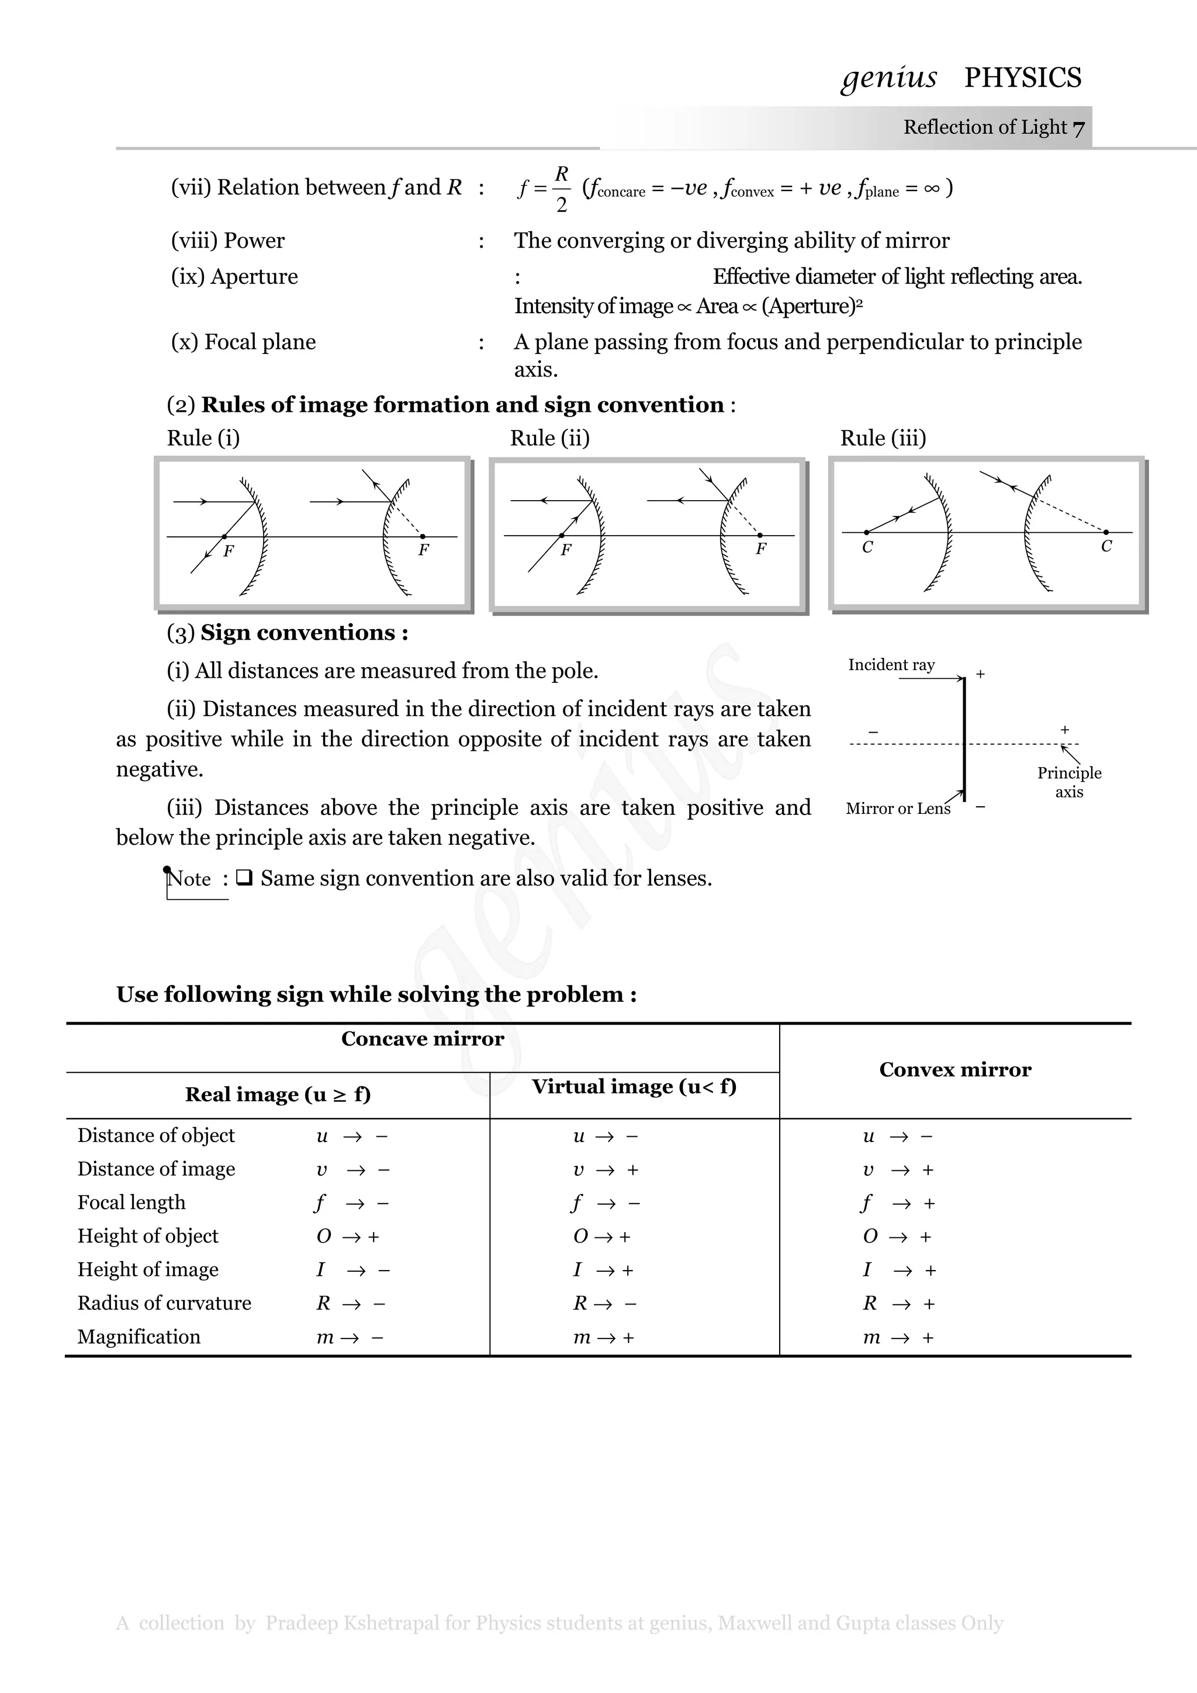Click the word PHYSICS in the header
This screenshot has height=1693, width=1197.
(x=1022, y=78)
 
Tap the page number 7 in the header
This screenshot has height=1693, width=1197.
(x=1078, y=129)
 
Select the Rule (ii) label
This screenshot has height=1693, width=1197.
(x=549, y=438)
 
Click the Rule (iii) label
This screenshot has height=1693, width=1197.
(x=883, y=438)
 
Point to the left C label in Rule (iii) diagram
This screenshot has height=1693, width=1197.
(x=867, y=547)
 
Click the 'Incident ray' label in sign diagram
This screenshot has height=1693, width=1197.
(x=891, y=664)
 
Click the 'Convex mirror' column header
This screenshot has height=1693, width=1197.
(x=955, y=1069)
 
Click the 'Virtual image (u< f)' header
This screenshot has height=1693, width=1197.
(x=634, y=1086)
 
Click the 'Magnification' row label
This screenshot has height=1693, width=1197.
(x=139, y=1337)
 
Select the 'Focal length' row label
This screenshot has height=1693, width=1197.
(x=132, y=1203)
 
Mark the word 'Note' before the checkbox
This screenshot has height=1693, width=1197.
(x=189, y=879)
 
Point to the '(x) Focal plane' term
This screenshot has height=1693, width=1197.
(x=243, y=342)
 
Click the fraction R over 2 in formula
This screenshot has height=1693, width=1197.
(x=561, y=189)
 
